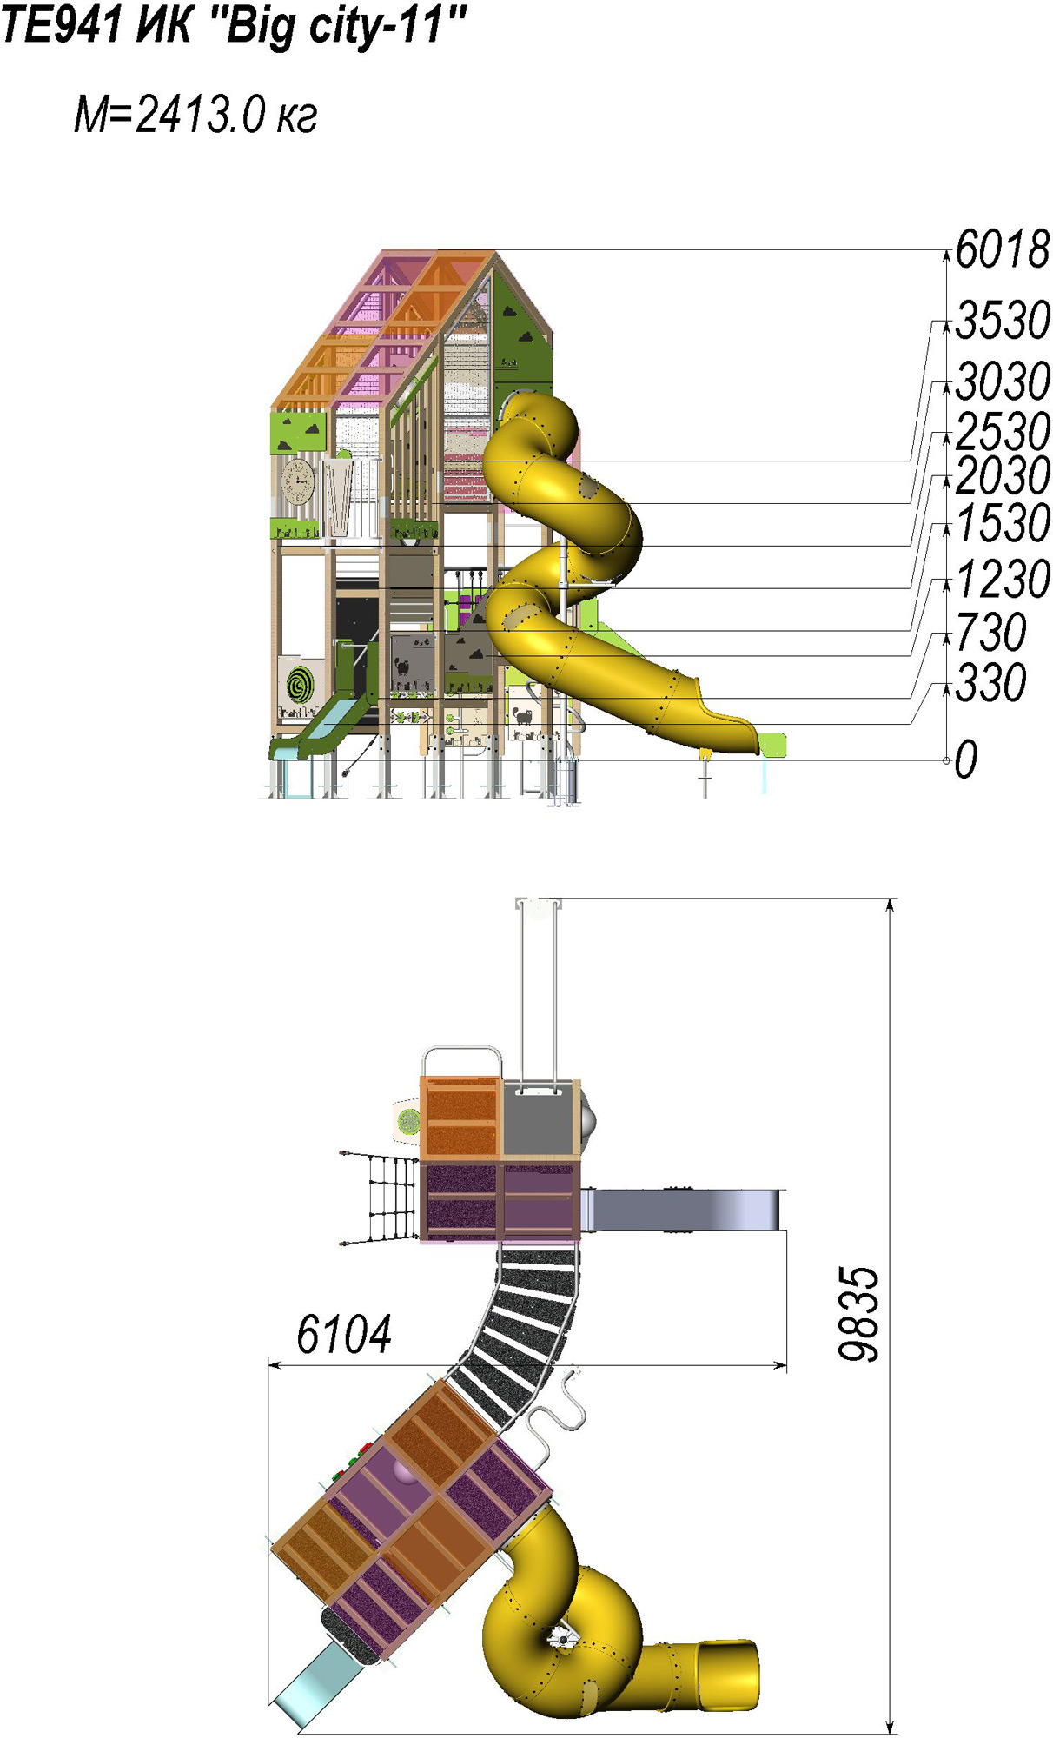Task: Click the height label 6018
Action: point(1003,249)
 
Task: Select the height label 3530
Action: point(1003,320)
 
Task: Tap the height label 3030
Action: point(1003,381)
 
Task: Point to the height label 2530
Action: point(1003,430)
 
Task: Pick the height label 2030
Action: point(1003,475)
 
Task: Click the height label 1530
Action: point(1003,523)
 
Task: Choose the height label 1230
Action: point(1003,579)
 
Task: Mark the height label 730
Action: point(991,632)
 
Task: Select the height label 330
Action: point(991,682)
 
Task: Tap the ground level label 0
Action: point(966,760)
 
